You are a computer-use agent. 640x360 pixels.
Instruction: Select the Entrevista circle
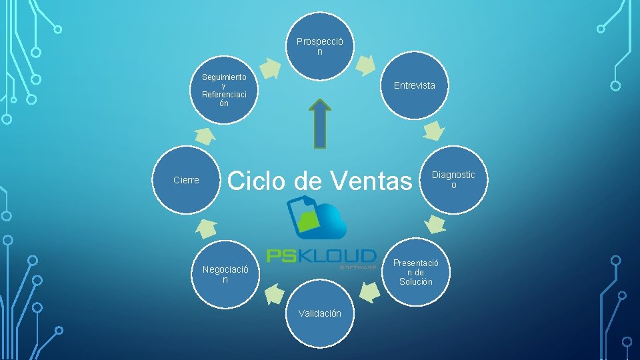point(414,85)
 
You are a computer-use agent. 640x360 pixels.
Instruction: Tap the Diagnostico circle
point(453,179)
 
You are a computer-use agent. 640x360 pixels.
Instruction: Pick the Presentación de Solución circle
point(415,272)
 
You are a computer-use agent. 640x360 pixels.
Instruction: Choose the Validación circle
point(320,313)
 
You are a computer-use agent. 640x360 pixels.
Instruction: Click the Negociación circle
point(225,274)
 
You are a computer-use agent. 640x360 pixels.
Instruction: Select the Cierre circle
point(186,180)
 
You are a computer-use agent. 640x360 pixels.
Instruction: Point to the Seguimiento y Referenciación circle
point(225,90)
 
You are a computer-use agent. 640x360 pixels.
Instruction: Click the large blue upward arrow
point(321,125)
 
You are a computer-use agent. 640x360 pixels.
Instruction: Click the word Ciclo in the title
point(257,180)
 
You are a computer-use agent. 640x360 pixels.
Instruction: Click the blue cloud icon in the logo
point(323,221)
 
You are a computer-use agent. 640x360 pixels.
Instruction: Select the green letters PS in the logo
point(282,256)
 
